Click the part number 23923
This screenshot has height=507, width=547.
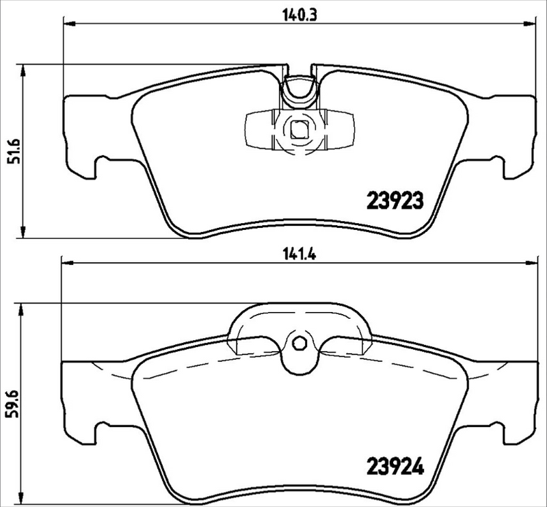tap(397, 200)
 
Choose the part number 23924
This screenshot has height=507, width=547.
tap(397, 468)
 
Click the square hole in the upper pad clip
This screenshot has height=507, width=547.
tap(299, 128)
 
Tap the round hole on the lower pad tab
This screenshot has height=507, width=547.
tap(299, 344)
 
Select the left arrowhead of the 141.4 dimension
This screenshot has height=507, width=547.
tap(66, 262)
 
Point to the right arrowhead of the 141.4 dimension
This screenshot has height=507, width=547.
tap(531, 262)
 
